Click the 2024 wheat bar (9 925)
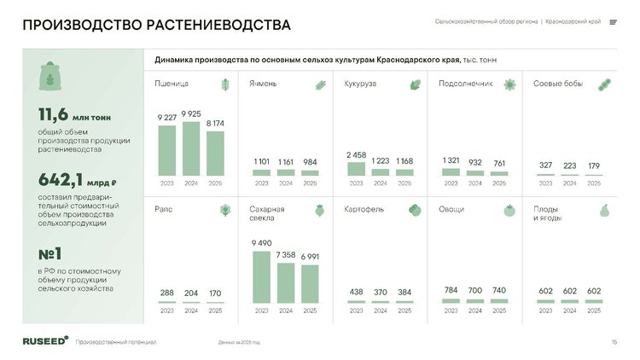pyautogui.click(x=190, y=148)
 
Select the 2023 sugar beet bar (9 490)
pyautogui.click(x=261, y=276)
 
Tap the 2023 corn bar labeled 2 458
pyautogui.click(x=356, y=168)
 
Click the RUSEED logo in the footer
pyautogui.click(x=45, y=340)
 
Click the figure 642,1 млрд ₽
pyautogui.click(x=77, y=181)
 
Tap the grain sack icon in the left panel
pyautogui.click(x=52, y=75)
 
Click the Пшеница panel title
pyautogui.click(x=172, y=84)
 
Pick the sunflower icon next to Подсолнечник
pyautogui.click(x=509, y=84)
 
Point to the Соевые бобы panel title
pyautogui.click(x=558, y=84)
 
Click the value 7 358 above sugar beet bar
pyautogui.click(x=286, y=255)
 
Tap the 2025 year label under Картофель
pyautogui.click(x=404, y=311)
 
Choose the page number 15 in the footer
pyautogui.click(x=614, y=342)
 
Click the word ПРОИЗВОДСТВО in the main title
pyautogui.click(x=77, y=25)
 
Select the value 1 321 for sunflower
pyautogui.click(x=451, y=160)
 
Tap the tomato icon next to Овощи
pyautogui.click(x=509, y=210)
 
